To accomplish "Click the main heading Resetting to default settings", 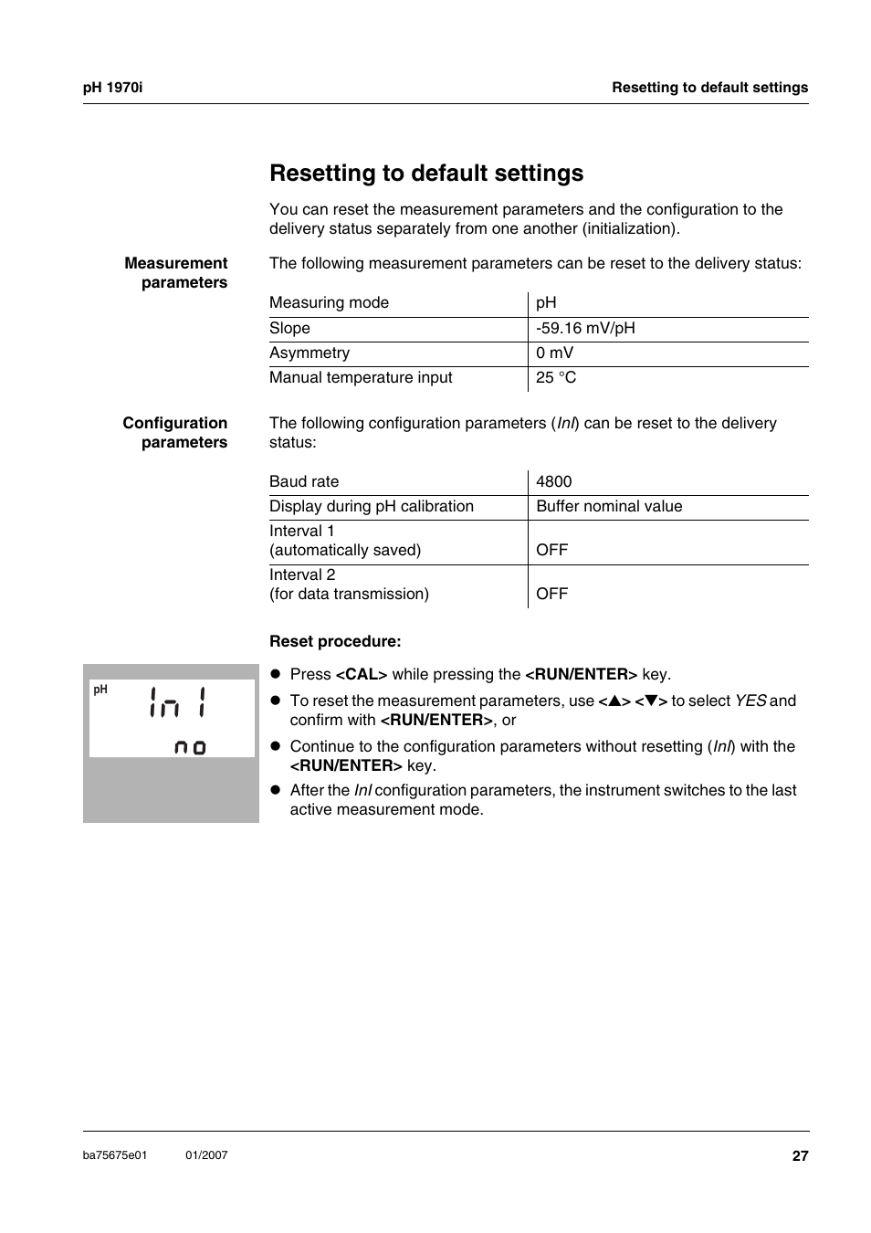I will tap(426, 174).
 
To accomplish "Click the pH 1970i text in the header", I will tap(112, 88).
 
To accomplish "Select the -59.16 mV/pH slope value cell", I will tap(585, 328).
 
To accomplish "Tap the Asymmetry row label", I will tap(310, 353).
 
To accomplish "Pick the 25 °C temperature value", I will tap(556, 377).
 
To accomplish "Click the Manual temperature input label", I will tap(361, 377).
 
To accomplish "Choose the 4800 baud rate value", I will tap(554, 481).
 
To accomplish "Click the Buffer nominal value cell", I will tap(609, 506).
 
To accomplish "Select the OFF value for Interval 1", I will tap(551, 550).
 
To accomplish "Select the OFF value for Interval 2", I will tap(551, 594).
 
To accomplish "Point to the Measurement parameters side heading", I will tap(176, 272).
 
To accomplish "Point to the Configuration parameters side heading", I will tap(175, 432).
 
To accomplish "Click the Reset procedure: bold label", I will tap(335, 641).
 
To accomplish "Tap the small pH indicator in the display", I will tap(100, 690).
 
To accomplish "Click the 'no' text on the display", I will tap(190, 747).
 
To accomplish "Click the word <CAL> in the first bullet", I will tap(362, 674).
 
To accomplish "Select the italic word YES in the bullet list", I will tap(750, 701).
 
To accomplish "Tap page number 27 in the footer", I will tap(800, 1156).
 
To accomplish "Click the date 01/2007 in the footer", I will tap(206, 1155).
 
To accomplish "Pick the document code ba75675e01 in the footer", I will tap(115, 1155).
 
